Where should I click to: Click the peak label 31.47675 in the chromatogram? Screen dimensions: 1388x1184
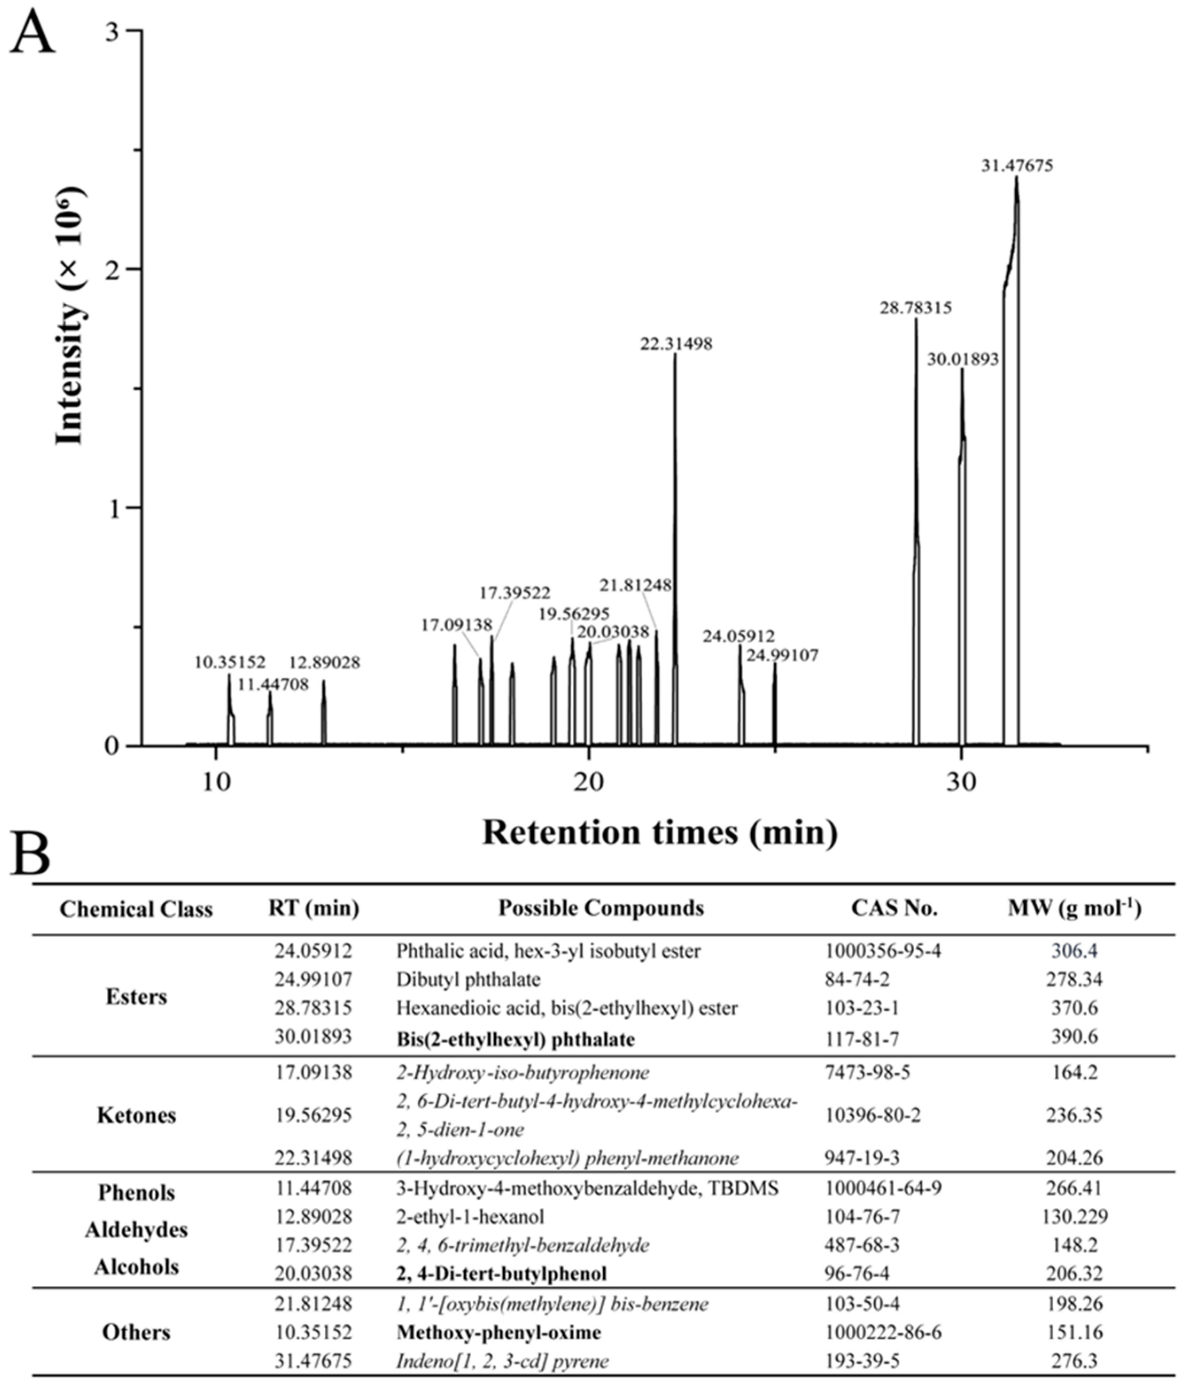tap(1017, 166)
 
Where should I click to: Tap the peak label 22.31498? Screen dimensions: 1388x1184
tap(675, 344)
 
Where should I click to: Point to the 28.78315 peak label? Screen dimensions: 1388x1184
tap(915, 309)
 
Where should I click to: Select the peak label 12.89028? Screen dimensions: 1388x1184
tap(324, 663)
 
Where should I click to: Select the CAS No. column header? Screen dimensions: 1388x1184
tap(894, 909)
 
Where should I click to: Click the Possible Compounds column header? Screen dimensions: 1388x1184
tap(600, 909)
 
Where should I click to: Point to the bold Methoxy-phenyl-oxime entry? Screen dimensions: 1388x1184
tap(498, 1332)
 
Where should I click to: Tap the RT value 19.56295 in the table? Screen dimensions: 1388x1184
tap(313, 1115)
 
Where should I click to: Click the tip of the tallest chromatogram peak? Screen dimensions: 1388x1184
tap(1017, 178)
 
